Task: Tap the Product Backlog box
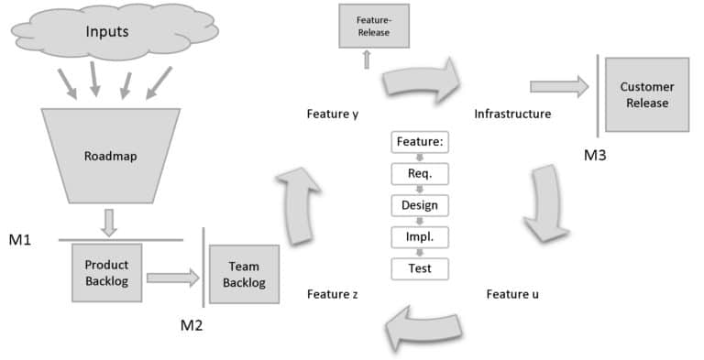(107, 272)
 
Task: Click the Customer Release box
(646, 94)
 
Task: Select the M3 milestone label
(595, 155)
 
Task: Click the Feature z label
(332, 294)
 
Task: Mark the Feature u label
(506, 294)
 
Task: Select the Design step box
(420, 205)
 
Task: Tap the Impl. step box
(420, 236)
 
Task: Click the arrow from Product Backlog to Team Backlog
(172, 276)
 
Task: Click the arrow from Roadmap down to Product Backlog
(108, 221)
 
